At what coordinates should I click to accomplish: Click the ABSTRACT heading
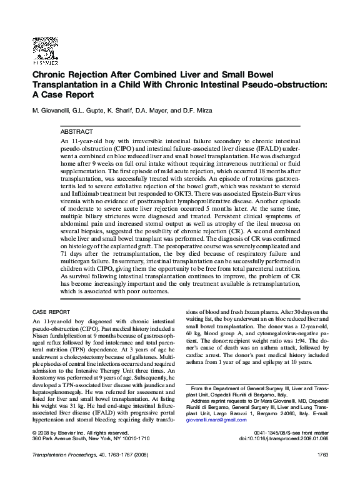tap(77, 133)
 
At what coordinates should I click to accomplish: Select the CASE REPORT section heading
tap(51, 311)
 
